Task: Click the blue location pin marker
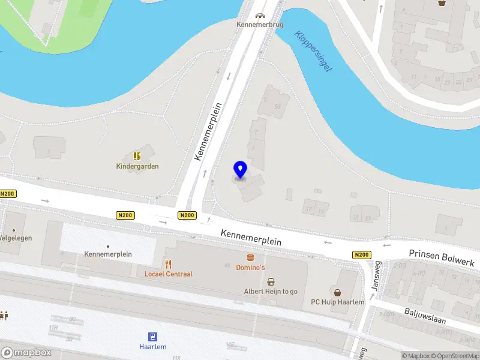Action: tap(241, 170)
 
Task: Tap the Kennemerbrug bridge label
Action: tap(259, 25)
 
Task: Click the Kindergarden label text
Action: tap(137, 166)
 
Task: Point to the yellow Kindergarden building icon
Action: tap(137, 155)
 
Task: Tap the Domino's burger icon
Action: tap(250, 257)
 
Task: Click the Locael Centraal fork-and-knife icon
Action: tap(169, 264)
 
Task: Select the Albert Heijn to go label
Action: tap(271, 292)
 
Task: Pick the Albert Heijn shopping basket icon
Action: tap(271, 281)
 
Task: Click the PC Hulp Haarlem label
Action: tap(337, 302)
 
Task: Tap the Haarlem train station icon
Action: tap(153, 337)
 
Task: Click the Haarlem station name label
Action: tap(153, 347)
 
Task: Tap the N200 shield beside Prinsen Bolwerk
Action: tap(361, 255)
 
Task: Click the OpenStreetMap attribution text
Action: tap(454, 356)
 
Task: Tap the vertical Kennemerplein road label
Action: tap(208, 131)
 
